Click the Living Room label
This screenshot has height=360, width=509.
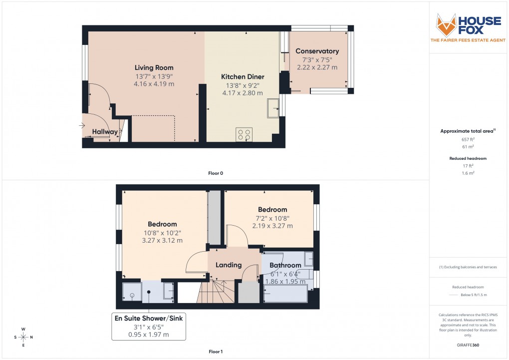tap(154, 67)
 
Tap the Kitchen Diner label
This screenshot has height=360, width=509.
tap(243, 77)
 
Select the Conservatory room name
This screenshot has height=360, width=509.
tap(317, 51)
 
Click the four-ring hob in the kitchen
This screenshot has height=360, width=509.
tap(244, 134)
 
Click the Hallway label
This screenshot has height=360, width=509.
tap(105, 132)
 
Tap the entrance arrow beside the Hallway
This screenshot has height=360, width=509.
tap(82, 126)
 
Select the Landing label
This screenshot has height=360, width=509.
tap(229, 265)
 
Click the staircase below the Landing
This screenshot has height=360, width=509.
tap(216, 292)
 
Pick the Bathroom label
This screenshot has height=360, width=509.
tap(285, 265)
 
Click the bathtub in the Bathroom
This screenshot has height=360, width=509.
tap(285, 295)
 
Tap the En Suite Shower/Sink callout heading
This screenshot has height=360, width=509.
tap(148, 318)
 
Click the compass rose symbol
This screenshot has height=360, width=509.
tap(23, 337)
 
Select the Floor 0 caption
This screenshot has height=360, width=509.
tap(216, 173)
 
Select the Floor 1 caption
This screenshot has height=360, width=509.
tap(216, 352)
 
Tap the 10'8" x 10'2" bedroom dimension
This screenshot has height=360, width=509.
tap(162, 232)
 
